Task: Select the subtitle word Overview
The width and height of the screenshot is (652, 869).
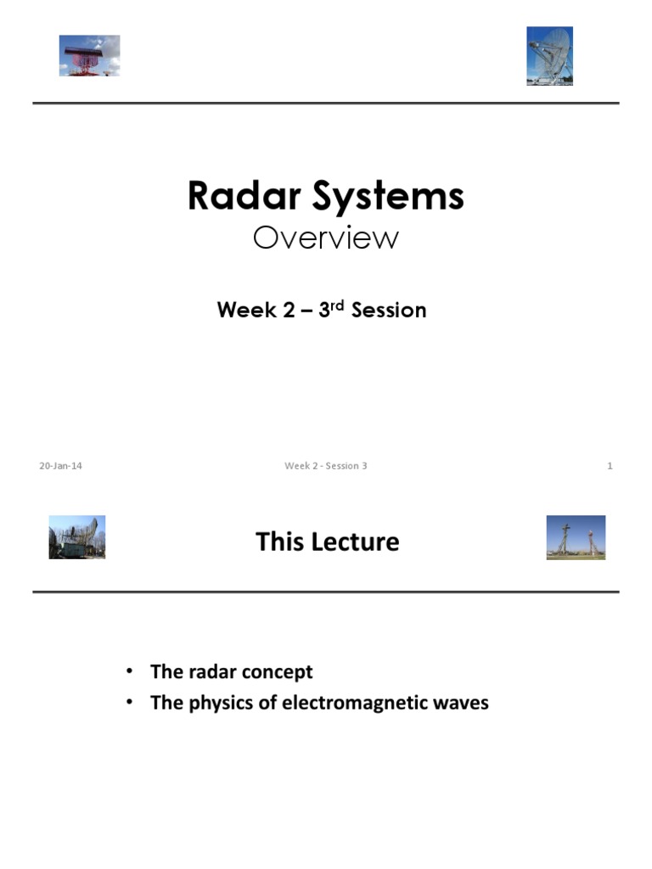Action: tap(325, 238)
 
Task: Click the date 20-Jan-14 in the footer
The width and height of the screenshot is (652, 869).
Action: tap(60, 466)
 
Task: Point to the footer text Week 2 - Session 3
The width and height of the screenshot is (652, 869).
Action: tap(325, 466)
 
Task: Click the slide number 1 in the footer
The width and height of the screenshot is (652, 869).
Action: tap(610, 466)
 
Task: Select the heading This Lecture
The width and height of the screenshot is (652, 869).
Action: tap(327, 541)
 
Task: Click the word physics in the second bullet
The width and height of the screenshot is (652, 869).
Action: tap(215, 704)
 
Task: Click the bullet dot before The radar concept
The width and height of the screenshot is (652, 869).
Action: tap(130, 671)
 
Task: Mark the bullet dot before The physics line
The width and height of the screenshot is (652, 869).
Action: tap(130, 703)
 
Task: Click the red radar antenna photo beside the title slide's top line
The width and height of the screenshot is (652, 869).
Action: tap(89, 55)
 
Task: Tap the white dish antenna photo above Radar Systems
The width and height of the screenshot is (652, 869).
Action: tap(549, 55)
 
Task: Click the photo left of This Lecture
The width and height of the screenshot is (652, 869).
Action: tap(77, 537)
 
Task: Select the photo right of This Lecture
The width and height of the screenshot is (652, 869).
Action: tap(576, 537)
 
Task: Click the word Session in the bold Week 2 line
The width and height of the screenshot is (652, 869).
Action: tap(389, 311)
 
